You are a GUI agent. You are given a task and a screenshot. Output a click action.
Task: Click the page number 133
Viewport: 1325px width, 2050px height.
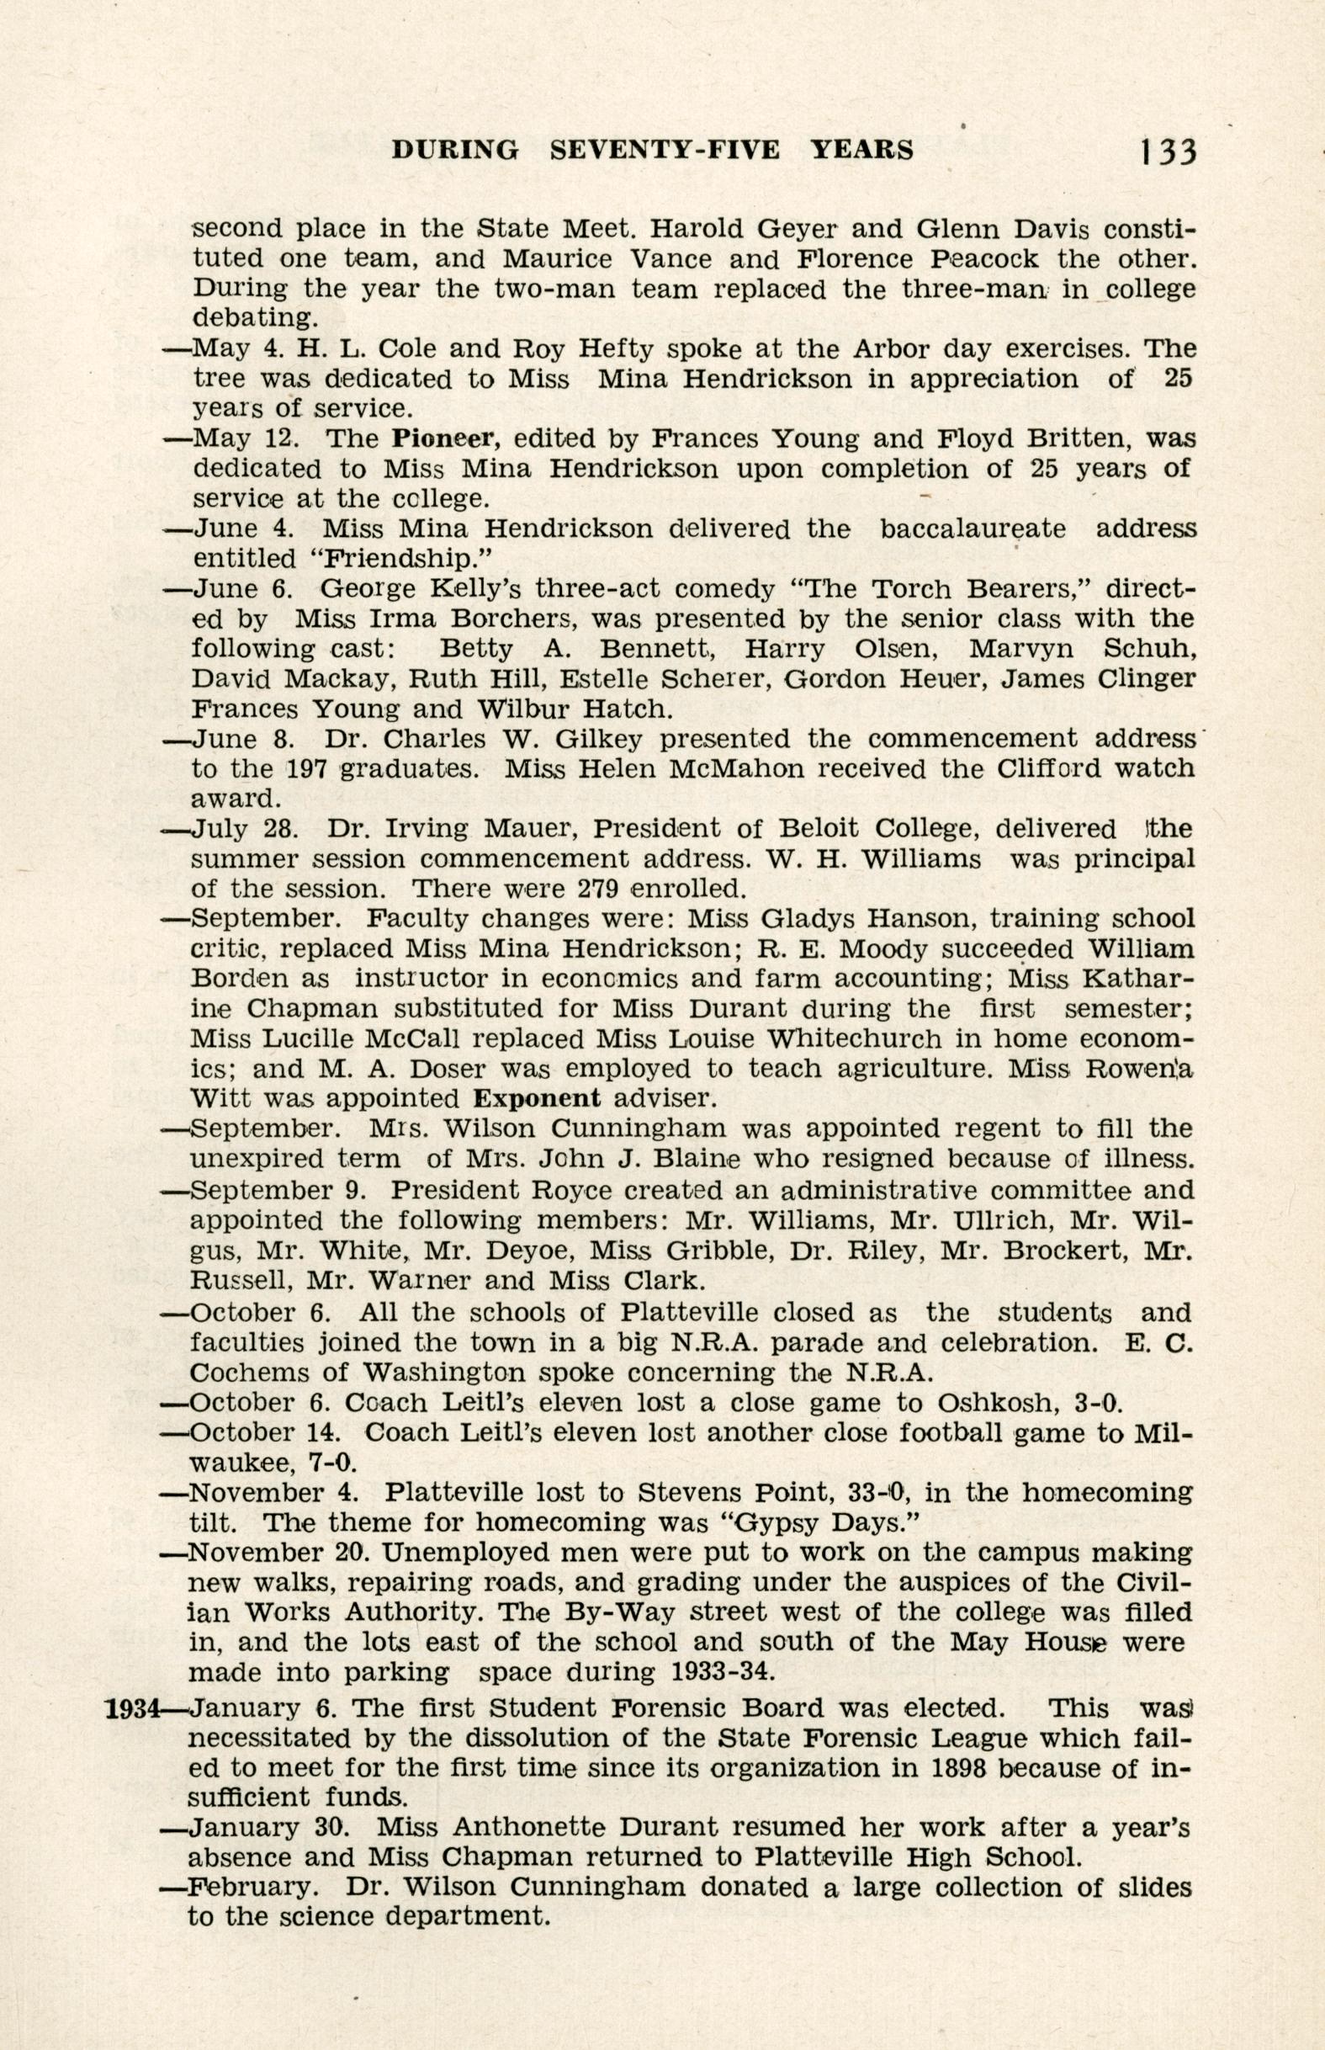coord(1167,151)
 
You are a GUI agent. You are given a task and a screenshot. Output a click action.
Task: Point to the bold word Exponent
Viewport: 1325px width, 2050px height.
coord(538,1098)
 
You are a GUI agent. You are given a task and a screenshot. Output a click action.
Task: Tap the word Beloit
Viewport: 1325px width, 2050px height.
coord(812,829)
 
